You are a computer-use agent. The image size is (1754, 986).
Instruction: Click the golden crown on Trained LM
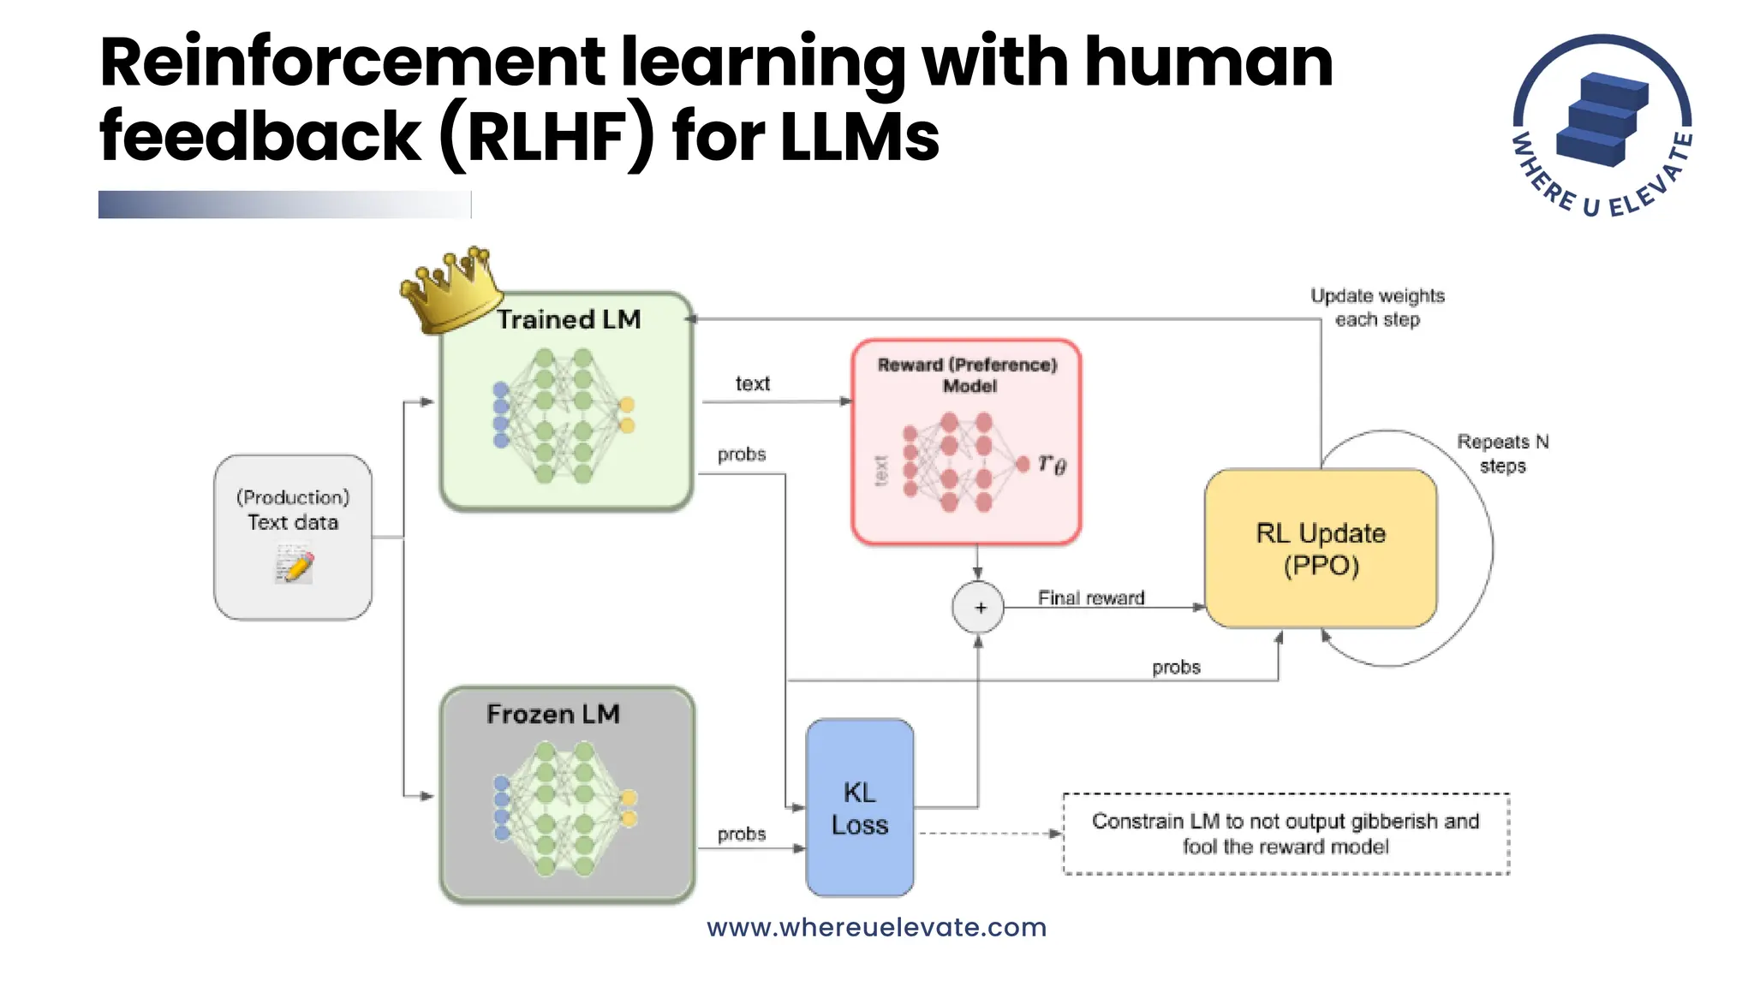450,291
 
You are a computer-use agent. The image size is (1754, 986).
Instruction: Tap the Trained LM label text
569,319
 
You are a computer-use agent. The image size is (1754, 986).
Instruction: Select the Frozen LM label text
552,714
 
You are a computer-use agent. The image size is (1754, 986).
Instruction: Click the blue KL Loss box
859,808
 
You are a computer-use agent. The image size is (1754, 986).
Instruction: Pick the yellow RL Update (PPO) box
1320,549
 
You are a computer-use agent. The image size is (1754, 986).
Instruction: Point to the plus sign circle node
978,608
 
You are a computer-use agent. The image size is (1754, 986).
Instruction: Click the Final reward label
1090,597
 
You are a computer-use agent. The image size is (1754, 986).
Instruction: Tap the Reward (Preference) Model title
968,375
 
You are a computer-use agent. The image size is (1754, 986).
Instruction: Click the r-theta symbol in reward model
1052,464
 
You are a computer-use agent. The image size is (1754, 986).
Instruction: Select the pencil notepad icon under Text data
294,566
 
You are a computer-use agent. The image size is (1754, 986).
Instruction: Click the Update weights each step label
1377,307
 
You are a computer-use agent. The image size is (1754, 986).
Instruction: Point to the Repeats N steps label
1502,454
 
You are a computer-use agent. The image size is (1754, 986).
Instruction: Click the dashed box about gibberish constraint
1285,834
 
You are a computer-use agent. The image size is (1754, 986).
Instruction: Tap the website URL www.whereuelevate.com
876,927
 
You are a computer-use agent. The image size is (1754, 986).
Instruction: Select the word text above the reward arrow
752,383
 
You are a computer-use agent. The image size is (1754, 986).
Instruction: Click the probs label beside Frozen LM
741,834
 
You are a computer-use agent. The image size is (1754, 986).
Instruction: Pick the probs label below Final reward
1175,667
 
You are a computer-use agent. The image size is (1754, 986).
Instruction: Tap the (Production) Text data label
293,509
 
